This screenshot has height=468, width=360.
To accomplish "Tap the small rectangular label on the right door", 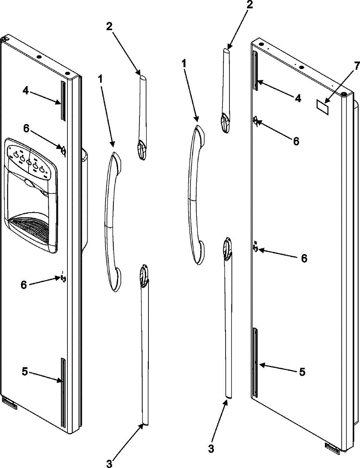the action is coord(322,96).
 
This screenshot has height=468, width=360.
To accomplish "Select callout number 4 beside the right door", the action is coord(298,88).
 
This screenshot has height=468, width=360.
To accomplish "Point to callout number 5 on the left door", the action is coord(25,372).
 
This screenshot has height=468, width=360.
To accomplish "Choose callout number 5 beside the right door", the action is coord(302,372).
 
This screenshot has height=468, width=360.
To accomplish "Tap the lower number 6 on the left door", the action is coord(24,285).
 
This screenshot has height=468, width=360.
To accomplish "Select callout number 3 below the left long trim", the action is coord(109,463).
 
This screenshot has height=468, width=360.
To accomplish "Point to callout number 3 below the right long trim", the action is coord(211,448).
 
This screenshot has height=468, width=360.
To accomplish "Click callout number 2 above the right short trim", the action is coord(250,5).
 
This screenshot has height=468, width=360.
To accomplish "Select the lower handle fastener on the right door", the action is coord(255,247).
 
